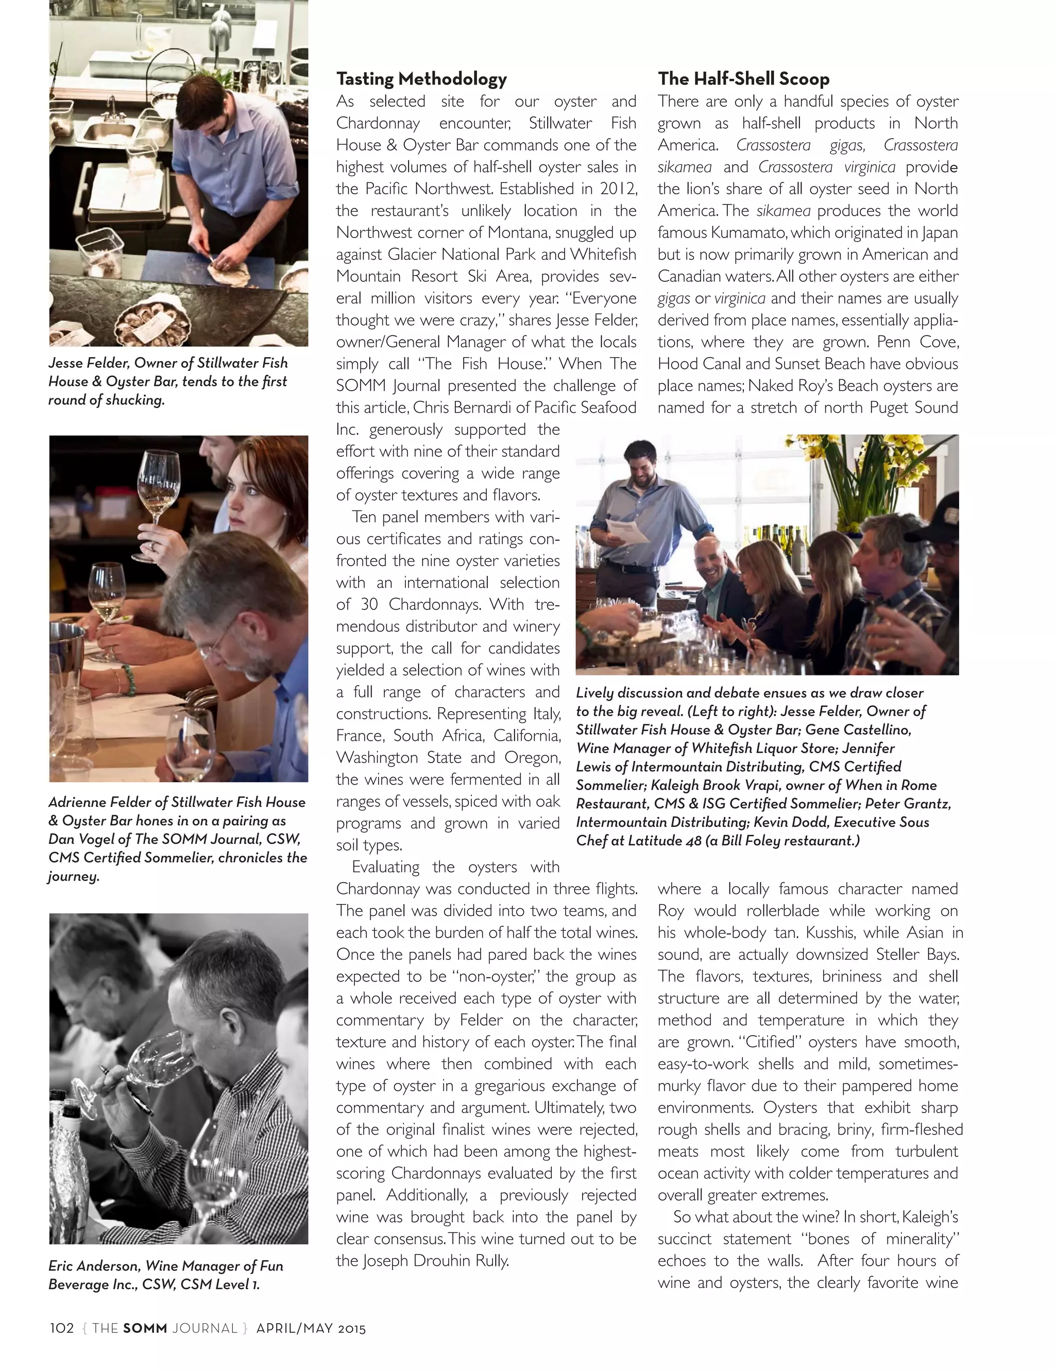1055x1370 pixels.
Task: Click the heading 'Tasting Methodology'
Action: coord(421,79)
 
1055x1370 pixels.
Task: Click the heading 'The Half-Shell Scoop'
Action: coord(743,79)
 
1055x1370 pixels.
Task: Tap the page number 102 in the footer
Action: coord(61,1328)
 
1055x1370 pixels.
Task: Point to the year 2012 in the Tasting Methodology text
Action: coord(617,189)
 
